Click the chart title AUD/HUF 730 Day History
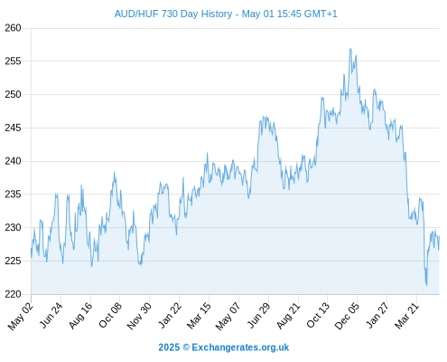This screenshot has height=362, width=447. [173, 14]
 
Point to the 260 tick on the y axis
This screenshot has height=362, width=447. [13, 28]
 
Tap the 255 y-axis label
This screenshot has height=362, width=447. [13, 62]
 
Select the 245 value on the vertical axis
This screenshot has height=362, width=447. [13, 128]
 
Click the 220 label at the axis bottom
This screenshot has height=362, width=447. [13, 294]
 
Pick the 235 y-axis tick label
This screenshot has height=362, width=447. [13, 195]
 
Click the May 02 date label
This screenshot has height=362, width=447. [21, 316]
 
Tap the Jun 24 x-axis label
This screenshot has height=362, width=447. [51, 315]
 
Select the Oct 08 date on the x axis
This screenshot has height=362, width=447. [110, 315]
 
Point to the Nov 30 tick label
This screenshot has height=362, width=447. [139, 316]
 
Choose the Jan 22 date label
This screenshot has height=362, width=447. [170, 315]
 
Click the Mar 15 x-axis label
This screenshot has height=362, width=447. [199, 316]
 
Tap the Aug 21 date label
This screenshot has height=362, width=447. [288, 316]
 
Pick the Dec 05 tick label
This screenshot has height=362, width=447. [347, 316]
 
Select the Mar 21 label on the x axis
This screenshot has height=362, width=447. [406, 316]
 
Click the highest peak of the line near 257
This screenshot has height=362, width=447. [350, 49]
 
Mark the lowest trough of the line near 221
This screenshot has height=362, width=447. [426, 285]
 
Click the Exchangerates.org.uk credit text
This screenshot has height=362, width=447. [240, 348]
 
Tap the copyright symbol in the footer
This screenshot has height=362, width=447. [186, 348]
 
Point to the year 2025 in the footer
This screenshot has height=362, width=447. [169, 348]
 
